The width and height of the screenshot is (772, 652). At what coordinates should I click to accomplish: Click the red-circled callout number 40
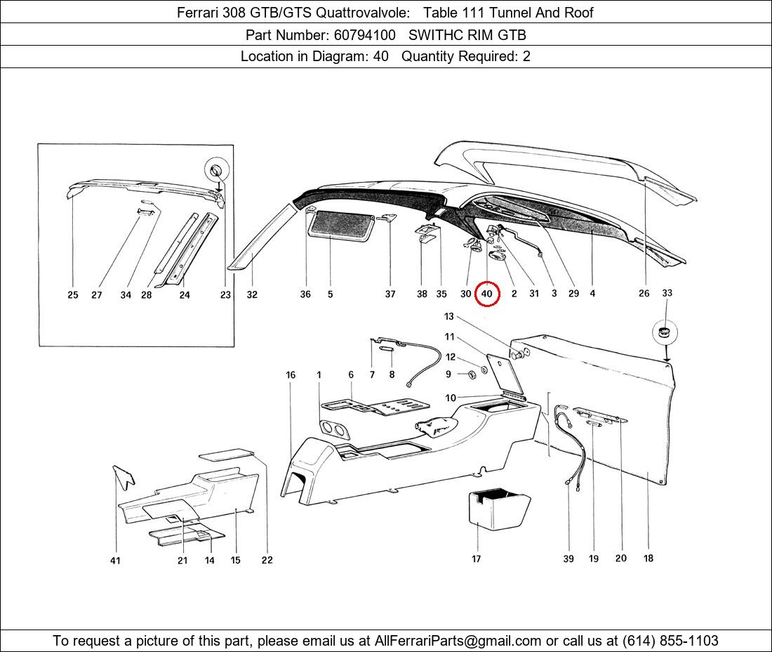(x=486, y=294)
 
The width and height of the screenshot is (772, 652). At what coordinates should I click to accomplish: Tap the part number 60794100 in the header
(x=364, y=35)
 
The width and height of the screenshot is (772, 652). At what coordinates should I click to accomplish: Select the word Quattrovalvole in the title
(x=362, y=13)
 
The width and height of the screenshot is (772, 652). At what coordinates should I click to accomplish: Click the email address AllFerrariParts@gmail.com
(x=458, y=641)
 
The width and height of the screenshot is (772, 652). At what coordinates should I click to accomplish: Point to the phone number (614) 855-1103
(x=670, y=641)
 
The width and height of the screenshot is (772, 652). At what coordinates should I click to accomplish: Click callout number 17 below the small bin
(x=476, y=559)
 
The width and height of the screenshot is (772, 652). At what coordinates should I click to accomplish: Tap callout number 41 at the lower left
(x=114, y=561)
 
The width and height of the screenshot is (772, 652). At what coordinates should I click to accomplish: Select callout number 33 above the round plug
(x=667, y=293)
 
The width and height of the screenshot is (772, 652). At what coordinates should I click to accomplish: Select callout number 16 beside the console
(x=291, y=375)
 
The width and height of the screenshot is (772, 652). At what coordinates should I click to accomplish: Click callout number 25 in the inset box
(x=73, y=294)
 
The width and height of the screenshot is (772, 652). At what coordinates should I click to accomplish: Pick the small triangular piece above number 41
(x=124, y=476)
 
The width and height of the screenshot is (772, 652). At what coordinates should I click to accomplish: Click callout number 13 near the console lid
(x=448, y=316)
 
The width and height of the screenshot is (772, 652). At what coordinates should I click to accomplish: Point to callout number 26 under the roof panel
(x=644, y=293)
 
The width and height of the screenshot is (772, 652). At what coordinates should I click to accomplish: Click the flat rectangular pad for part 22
(x=226, y=454)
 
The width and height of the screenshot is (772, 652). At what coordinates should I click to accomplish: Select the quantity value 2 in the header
(x=526, y=56)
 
